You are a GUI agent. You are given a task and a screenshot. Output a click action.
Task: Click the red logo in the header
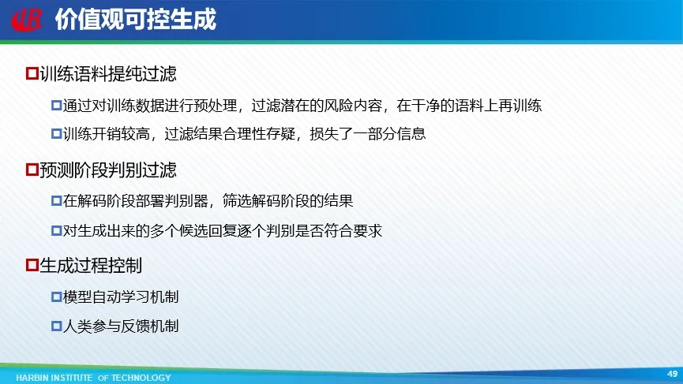(27, 20)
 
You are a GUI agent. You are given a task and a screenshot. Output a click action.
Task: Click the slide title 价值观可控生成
(136, 20)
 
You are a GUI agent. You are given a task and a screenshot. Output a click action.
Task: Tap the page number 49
(672, 374)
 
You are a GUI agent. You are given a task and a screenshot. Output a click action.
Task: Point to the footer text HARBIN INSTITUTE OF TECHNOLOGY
(93, 378)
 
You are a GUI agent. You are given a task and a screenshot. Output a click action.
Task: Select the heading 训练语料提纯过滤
(108, 73)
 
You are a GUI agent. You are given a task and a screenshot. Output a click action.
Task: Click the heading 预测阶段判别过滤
(108, 170)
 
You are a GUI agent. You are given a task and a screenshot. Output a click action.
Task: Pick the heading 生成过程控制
(91, 265)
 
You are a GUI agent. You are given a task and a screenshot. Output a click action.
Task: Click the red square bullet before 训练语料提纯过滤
(32, 73)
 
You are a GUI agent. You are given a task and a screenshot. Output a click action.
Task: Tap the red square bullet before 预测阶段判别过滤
(32, 170)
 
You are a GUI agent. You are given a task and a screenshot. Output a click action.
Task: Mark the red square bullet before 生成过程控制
(32, 265)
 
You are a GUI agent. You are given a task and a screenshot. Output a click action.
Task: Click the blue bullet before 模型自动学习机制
(57, 297)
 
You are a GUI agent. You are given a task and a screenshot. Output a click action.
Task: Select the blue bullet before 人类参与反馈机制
(57, 326)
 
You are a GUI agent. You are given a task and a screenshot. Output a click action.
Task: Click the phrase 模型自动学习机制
(121, 297)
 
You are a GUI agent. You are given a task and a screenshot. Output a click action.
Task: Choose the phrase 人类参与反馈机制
(121, 326)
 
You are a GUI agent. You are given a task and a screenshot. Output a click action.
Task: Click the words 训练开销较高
(107, 133)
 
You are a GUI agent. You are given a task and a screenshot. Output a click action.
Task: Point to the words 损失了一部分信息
(368, 133)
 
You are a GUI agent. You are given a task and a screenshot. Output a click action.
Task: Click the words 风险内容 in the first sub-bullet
(353, 105)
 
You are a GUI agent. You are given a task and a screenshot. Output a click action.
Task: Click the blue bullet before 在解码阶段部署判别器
(57, 200)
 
